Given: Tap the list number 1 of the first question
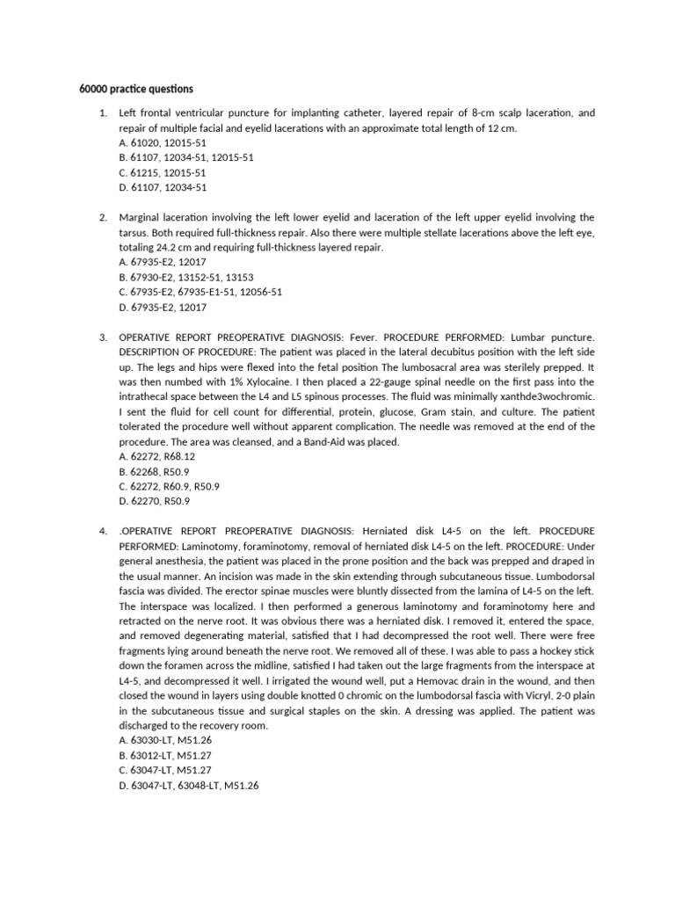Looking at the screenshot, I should coord(102,114).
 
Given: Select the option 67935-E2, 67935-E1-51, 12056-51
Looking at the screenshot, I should coord(200,292).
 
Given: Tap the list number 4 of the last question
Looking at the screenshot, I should coord(102,531).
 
